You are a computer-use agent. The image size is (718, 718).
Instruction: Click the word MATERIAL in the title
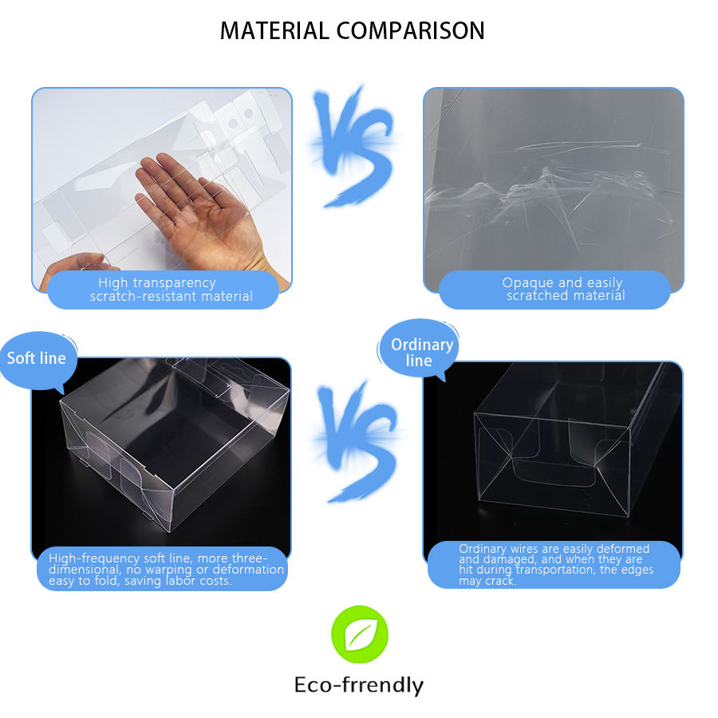[274, 31]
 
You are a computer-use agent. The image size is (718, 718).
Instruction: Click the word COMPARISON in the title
[411, 31]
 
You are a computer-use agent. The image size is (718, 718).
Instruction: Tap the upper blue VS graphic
[355, 147]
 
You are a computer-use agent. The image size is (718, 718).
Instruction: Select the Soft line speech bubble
[37, 360]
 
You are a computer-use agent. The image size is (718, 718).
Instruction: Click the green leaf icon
[360, 634]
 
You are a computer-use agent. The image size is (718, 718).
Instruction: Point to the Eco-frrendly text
[359, 685]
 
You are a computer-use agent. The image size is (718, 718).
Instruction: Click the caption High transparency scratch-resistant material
[171, 290]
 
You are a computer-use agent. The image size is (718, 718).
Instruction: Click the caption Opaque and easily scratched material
[564, 289]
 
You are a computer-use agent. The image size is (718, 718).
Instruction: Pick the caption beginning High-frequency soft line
[166, 569]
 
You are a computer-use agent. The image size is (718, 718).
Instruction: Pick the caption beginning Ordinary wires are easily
[555, 564]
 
